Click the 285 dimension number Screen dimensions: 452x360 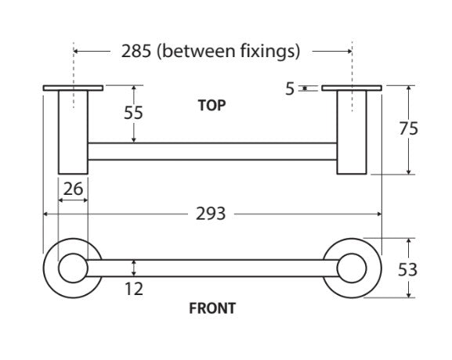[136, 52]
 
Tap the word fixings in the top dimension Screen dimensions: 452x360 [270, 52]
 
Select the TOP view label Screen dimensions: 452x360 [212, 106]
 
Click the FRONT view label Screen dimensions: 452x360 [212, 308]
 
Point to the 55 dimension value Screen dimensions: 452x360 [133, 113]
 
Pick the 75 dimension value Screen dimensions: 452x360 [408, 128]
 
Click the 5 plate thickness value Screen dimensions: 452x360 [290, 88]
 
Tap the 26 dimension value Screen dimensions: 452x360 [73, 189]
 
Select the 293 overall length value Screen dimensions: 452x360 [211, 214]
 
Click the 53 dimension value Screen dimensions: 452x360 [407, 270]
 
